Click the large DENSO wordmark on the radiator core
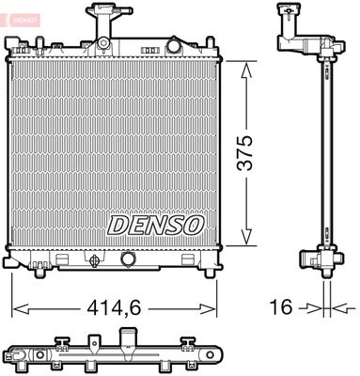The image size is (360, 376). (x=155, y=225)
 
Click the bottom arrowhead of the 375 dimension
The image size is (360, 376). (x=246, y=240)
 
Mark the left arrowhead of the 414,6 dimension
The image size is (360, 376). (x=17, y=306)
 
